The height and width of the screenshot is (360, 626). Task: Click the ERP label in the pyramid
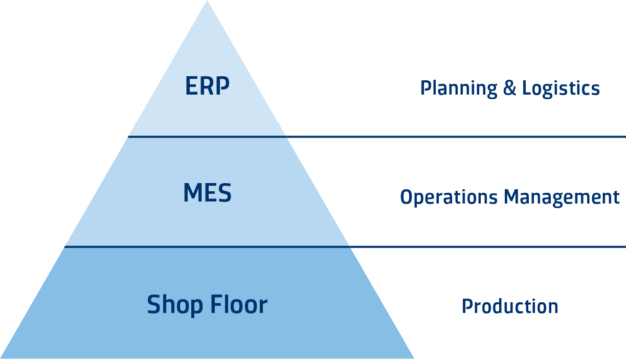(x=207, y=87)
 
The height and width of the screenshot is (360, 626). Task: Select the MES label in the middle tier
(x=207, y=194)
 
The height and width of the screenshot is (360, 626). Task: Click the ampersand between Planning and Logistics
(x=509, y=88)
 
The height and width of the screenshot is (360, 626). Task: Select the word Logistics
(x=561, y=88)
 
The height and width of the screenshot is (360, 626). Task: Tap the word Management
(x=562, y=197)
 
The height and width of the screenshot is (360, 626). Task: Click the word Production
(x=510, y=306)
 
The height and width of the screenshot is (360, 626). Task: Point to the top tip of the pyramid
(x=207, y=2)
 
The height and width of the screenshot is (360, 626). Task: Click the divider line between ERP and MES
(x=207, y=137)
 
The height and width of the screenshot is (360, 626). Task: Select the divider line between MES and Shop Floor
(x=207, y=246)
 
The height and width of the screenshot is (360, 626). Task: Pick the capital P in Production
(x=466, y=306)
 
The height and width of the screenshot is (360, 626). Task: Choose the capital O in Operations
(x=406, y=197)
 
